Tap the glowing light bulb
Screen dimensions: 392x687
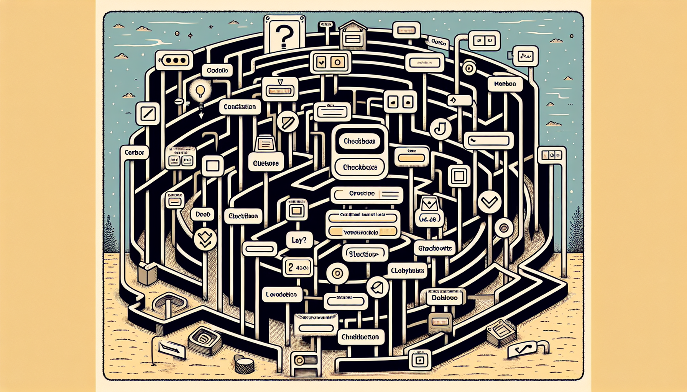click(200, 91)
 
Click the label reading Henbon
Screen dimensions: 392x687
click(505, 84)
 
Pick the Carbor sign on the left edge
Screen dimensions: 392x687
click(134, 152)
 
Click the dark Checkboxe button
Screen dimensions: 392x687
click(359, 141)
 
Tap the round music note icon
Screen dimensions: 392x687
click(440, 128)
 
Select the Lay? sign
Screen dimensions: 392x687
click(299, 240)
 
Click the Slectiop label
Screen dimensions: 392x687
click(365, 254)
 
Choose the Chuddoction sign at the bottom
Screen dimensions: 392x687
click(360, 337)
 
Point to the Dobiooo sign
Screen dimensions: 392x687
click(444, 297)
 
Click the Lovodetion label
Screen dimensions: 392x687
click(282, 294)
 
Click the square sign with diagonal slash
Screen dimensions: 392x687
click(148, 114)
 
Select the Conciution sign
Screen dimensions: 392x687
click(240, 107)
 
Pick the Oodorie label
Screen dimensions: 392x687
click(217, 70)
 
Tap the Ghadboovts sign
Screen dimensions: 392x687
click(435, 248)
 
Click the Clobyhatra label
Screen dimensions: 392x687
click(407, 271)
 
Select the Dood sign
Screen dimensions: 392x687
click(202, 214)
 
